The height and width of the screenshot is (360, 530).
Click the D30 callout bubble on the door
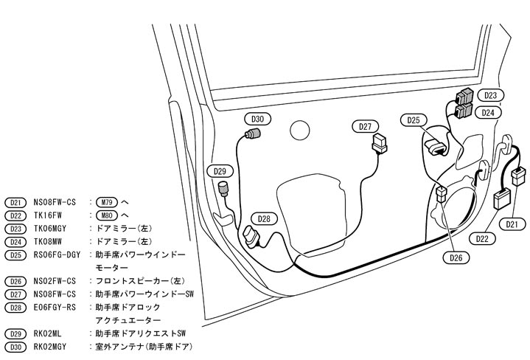point(257,118)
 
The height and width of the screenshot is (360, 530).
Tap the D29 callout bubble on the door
point(220,171)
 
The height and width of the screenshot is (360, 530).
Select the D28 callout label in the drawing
point(263,218)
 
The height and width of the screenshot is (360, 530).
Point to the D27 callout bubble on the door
point(366,126)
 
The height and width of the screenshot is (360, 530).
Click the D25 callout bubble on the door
point(414,120)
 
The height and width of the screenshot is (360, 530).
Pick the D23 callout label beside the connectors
point(490,96)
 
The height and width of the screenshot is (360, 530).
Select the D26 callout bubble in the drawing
point(456,258)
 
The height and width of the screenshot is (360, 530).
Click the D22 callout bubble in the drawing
point(483,238)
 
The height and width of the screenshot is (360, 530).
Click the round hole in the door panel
point(300,130)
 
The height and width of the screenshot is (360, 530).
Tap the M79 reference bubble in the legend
point(107,201)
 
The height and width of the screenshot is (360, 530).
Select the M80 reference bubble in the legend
point(107,215)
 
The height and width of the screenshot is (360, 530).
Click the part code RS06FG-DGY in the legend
point(59,255)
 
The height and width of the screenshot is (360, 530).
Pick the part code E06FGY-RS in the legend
point(56,307)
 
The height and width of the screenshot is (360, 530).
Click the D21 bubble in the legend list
point(15,201)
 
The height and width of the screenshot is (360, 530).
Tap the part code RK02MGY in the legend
point(51,347)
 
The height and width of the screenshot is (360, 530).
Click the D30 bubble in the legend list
point(15,347)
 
